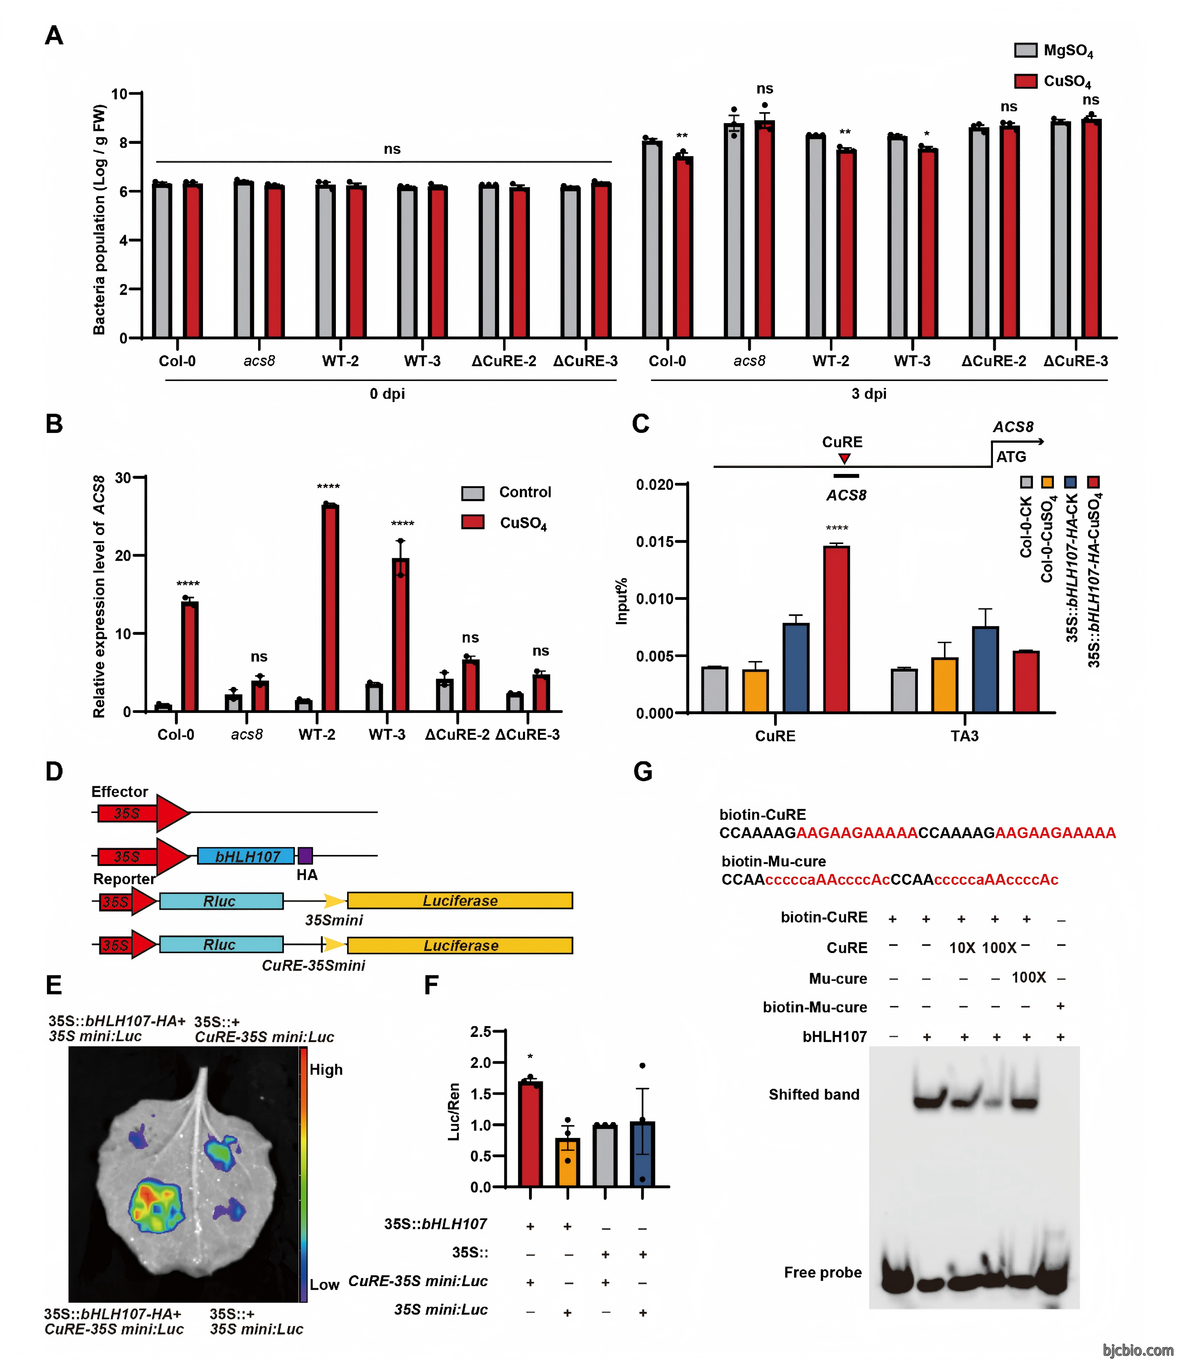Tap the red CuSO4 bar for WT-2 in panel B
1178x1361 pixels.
(x=330, y=608)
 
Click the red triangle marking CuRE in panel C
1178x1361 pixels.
(x=845, y=458)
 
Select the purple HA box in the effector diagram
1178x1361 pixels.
(x=305, y=855)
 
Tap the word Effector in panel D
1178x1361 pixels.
(x=120, y=792)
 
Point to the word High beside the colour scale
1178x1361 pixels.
(x=326, y=1069)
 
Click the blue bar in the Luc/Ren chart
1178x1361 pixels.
(x=642, y=1154)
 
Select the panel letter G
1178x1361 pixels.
(x=643, y=771)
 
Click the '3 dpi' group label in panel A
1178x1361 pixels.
(x=869, y=394)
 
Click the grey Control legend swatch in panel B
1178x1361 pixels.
(x=473, y=493)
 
